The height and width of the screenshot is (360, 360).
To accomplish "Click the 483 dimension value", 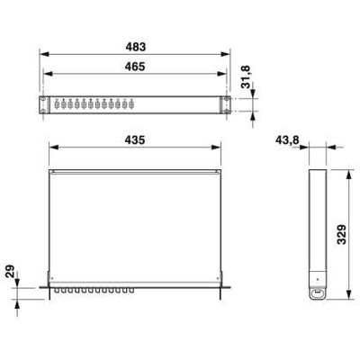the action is click(x=136, y=47).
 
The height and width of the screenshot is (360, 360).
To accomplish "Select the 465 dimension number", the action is click(x=135, y=67).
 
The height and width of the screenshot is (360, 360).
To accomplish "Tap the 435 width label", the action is click(x=135, y=139).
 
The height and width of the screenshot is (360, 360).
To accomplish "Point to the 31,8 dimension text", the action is click(x=246, y=77).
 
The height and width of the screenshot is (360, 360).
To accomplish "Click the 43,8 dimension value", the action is click(x=287, y=139).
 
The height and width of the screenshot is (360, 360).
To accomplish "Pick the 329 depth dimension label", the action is click(x=341, y=234).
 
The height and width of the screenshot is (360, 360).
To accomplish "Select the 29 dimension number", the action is click(x=10, y=271).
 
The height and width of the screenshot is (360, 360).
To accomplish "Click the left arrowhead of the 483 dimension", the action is click(x=44, y=54).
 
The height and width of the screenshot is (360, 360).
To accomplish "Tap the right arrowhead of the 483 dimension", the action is click(x=226, y=54).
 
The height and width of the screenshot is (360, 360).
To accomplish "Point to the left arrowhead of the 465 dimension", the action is click(x=49, y=74).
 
